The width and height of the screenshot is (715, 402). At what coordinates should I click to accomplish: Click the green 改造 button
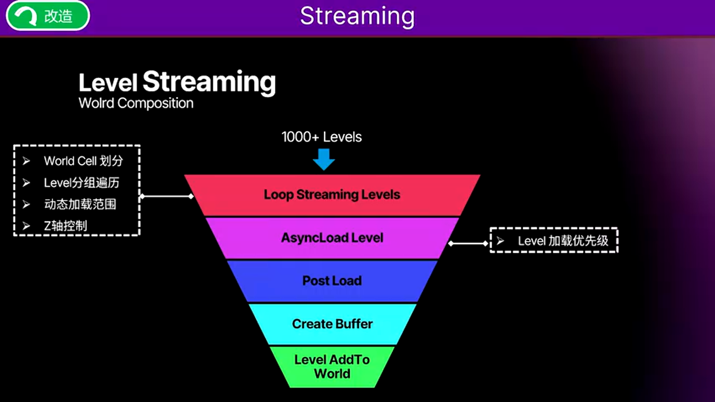pyautogui.click(x=48, y=16)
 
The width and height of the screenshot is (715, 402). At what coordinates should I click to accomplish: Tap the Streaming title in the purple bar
pyautogui.click(x=357, y=16)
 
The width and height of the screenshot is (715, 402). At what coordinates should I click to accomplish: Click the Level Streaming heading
pyautogui.click(x=177, y=82)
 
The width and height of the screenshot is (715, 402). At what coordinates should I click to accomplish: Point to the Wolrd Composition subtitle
pyautogui.click(x=136, y=103)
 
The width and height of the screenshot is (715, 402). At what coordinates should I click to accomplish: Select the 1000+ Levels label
pyautogui.click(x=322, y=137)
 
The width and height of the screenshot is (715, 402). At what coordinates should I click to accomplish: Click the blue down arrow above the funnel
pyautogui.click(x=323, y=159)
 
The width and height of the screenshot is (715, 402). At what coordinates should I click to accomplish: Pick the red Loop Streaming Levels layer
pyautogui.click(x=332, y=195)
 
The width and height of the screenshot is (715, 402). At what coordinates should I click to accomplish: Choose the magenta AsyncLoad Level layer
pyautogui.click(x=332, y=238)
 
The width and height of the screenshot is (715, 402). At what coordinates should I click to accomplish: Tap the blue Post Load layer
pyautogui.click(x=332, y=281)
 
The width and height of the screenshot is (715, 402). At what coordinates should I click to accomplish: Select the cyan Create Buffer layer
pyautogui.click(x=332, y=324)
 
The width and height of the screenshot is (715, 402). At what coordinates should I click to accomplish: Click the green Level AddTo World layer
pyautogui.click(x=332, y=366)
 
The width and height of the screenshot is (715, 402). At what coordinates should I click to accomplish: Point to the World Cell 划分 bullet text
pyautogui.click(x=83, y=161)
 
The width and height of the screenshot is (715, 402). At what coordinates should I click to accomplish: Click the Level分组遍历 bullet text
pyautogui.click(x=82, y=183)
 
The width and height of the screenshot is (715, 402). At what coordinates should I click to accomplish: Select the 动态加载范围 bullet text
pyautogui.click(x=80, y=204)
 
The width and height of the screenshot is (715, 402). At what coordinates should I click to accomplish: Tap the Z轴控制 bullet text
pyautogui.click(x=65, y=226)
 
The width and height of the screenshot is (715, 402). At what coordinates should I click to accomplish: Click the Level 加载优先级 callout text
pyautogui.click(x=563, y=241)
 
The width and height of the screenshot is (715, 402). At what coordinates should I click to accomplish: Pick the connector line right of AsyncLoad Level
pyautogui.click(x=468, y=243)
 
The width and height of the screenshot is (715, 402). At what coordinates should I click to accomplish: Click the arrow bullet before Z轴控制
pyautogui.click(x=26, y=226)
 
